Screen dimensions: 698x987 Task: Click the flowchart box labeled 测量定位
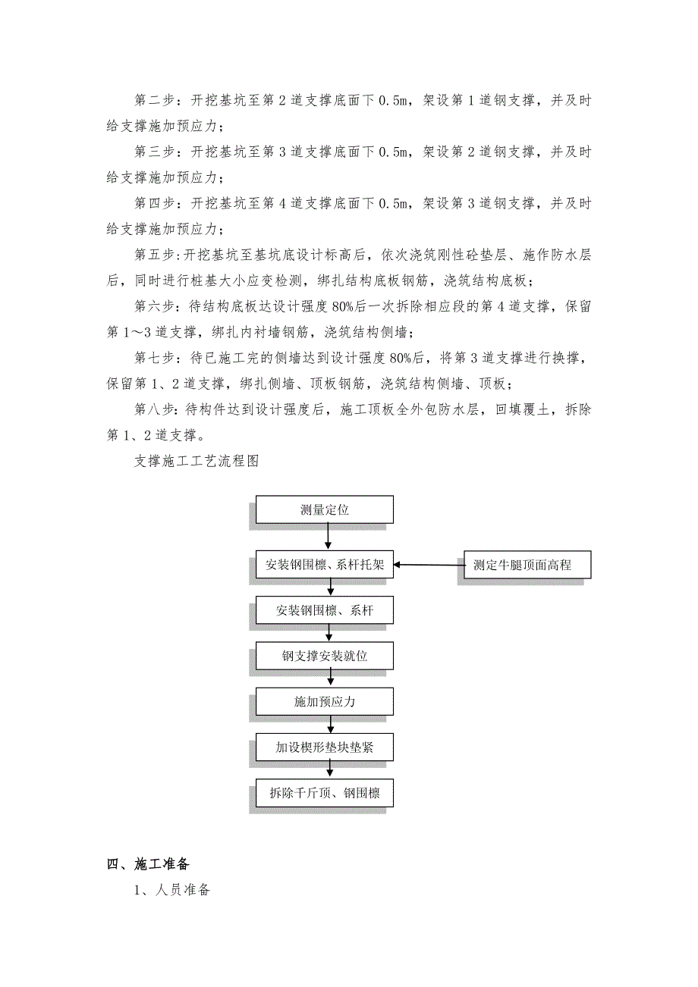tap(324, 509)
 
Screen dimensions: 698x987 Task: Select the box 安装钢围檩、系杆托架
tap(324, 565)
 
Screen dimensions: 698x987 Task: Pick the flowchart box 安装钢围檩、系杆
tap(324, 610)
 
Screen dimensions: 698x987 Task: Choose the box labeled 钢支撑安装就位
tap(324, 656)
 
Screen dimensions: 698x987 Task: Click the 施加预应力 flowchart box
tap(324, 702)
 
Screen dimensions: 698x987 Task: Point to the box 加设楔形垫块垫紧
tap(324, 748)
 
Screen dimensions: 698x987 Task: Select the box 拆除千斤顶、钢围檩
tap(324, 794)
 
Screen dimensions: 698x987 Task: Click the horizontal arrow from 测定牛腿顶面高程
tap(428, 565)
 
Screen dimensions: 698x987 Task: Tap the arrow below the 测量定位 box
tap(328, 537)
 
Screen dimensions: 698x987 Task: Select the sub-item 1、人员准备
tap(171, 891)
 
